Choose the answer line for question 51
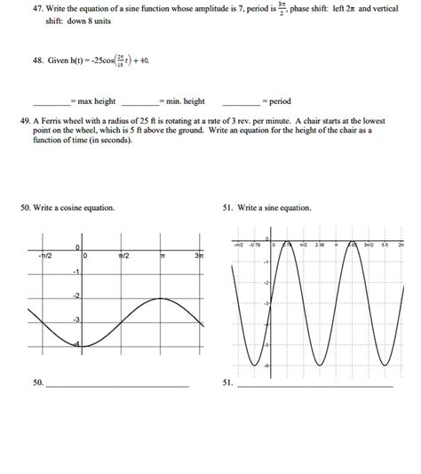pos(315,387)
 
